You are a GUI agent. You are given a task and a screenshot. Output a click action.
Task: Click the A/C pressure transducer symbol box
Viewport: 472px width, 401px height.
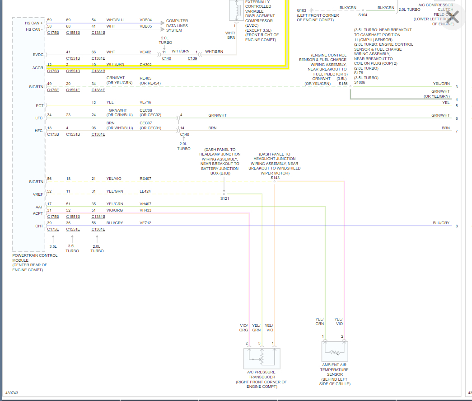[262, 358]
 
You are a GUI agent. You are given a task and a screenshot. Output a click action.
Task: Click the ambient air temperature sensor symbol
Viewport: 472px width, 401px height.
[335, 351]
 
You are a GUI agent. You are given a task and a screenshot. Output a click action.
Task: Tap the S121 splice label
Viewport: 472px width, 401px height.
[224, 198]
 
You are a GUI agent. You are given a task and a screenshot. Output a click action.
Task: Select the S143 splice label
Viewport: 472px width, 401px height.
[275, 178]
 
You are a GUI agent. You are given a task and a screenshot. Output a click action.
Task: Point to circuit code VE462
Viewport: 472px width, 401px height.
[146, 52]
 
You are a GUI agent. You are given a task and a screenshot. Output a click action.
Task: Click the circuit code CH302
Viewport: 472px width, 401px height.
[146, 65]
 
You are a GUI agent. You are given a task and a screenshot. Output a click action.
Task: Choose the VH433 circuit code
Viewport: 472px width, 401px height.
[145, 210]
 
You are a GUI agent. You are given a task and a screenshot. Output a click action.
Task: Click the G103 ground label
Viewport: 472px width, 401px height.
[301, 10]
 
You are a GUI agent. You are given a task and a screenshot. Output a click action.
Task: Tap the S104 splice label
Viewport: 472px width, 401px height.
[363, 15]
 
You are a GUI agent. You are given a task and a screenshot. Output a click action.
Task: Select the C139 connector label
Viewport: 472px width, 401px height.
[192, 58]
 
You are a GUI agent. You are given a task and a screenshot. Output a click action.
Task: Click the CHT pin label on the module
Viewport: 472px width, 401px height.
[39, 226]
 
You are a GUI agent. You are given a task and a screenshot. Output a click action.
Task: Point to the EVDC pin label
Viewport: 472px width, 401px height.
[38, 54]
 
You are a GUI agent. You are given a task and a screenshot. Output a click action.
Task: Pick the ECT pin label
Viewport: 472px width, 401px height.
[40, 106]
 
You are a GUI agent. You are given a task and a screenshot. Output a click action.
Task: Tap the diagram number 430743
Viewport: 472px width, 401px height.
[12, 393]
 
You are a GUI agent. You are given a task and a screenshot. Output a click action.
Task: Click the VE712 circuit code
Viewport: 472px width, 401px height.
[145, 223]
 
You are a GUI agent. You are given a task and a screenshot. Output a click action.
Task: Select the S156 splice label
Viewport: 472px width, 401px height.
[343, 84]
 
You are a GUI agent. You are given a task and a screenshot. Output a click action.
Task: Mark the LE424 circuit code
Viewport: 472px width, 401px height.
[145, 191]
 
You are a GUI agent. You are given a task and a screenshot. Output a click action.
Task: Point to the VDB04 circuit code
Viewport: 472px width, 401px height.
[146, 20]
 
